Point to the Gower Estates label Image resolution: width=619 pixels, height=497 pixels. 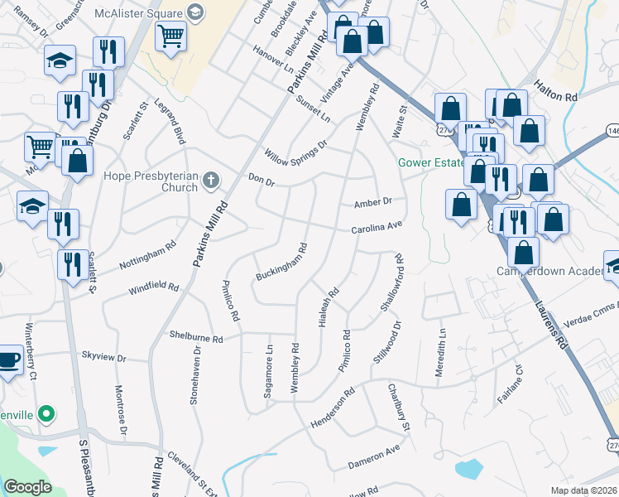point(431,162)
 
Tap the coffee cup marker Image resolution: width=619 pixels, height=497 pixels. point(8,359)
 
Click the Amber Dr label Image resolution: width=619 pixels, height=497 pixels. point(372,202)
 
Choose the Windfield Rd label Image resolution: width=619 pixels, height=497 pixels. point(153,288)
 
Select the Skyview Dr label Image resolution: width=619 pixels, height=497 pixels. point(103,357)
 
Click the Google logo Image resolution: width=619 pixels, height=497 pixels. point(27,486)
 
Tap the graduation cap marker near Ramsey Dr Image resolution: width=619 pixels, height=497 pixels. point(60,60)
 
